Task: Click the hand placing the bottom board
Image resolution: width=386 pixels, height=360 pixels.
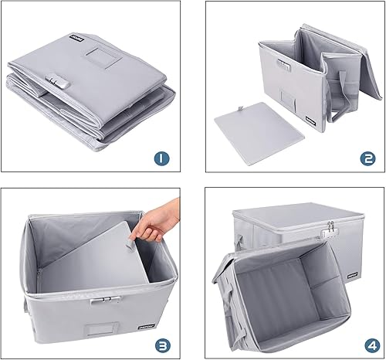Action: point(157,220)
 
